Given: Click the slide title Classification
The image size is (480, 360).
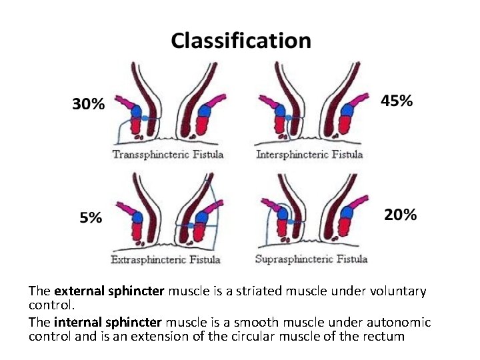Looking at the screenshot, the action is (x=241, y=41).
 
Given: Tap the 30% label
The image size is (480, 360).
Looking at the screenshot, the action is (x=88, y=104).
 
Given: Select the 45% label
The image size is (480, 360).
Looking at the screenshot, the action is (x=397, y=101).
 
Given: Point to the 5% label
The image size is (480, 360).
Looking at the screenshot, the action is (x=91, y=217).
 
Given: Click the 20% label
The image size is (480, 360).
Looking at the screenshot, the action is (x=400, y=215).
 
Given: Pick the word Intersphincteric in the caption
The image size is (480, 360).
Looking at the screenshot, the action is (x=293, y=155).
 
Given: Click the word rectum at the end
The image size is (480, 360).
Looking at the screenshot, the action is (x=385, y=336).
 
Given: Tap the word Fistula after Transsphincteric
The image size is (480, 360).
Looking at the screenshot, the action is (x=207, y=155).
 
